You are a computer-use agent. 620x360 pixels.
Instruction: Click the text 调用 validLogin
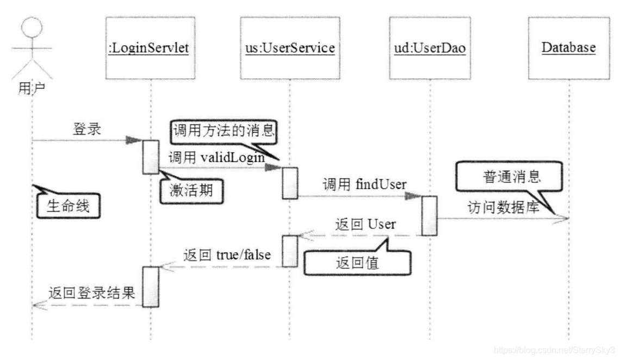pyautogui.click(x=216, y=158)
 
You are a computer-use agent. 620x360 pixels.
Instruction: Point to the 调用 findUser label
pyautogui.click(x=364, y=184)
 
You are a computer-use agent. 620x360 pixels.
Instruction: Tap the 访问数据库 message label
pyautogui.click(x=503, y=207)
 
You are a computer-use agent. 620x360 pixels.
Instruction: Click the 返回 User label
pyautogui.click(x=365, y=224)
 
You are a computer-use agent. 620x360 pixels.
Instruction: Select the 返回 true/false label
pyautogui.click(x=227, y=255)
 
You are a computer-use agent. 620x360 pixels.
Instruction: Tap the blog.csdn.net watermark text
pyautogui.click(x=554, y=349)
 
